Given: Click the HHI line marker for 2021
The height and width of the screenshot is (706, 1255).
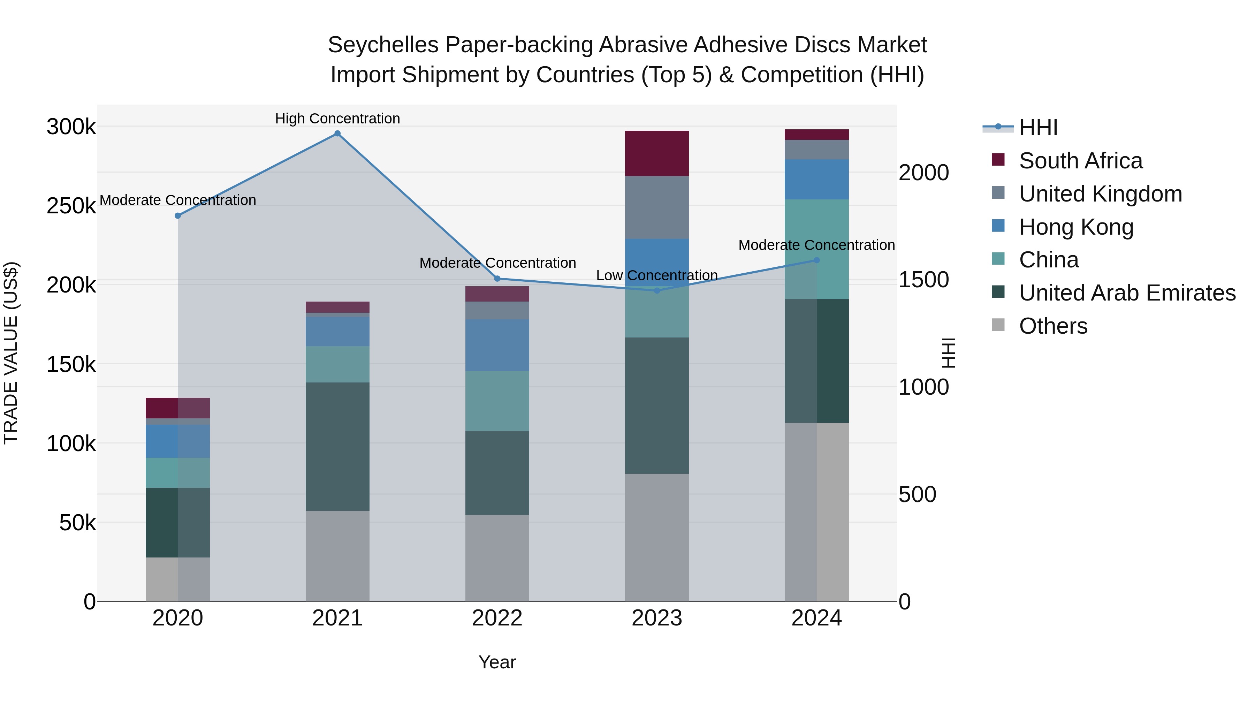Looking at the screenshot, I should point(337,134).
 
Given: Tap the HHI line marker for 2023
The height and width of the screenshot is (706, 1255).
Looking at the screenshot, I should point(657,290).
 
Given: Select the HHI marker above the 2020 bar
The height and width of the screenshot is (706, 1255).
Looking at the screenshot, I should point(178,215).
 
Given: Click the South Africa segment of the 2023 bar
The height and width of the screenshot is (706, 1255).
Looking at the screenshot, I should point(657,153).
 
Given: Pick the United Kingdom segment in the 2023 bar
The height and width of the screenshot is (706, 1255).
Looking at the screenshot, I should point(657,207).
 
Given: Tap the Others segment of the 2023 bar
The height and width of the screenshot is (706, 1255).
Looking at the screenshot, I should point(657,537).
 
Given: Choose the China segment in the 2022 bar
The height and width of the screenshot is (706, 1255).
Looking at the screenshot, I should point(497,401).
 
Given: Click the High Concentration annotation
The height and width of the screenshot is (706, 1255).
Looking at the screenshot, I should point(337,119).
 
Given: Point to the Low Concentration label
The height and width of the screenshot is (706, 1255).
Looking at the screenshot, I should point(657,275).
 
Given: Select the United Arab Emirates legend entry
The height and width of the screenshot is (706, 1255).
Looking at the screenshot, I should point(1127,293).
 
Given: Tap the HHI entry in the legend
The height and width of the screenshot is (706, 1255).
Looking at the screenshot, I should point(1038,128).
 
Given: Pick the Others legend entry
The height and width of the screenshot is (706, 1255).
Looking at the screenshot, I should point(1053,326).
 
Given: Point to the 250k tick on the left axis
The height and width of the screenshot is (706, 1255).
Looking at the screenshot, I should point(71,206).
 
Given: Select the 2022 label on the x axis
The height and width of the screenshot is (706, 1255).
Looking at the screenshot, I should point(497,618).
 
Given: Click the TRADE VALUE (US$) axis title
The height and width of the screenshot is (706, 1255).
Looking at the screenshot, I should point(11,353).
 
